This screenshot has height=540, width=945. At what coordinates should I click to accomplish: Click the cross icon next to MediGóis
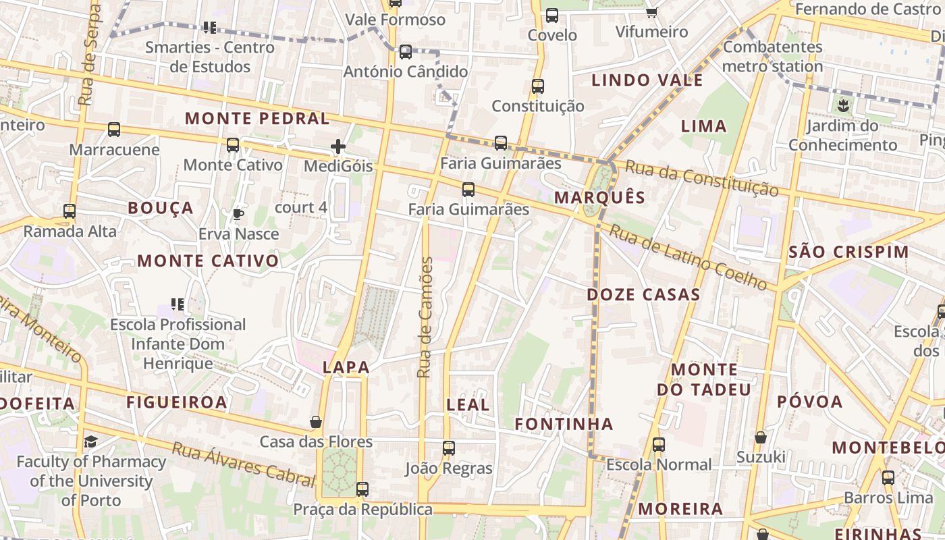(x=338, y=146)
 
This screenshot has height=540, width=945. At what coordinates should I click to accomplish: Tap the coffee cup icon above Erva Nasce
(x=238, y=215)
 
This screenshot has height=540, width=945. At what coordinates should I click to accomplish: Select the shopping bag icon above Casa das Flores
(x=315, y=423)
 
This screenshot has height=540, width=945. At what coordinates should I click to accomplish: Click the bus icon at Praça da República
(x=362, y=489)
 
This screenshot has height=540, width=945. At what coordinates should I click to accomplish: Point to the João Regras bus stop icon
(x=449, y=448)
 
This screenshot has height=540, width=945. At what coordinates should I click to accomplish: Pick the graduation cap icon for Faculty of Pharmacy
(x=90, y=442)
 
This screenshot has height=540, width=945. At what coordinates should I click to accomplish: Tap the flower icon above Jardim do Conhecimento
(x=842, y=105)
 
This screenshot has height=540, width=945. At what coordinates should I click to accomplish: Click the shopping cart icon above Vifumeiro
(x=651, y=12)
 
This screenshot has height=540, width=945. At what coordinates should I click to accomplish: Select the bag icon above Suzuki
(x=761, y=438)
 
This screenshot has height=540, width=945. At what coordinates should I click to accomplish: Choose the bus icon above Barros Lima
(x=888, y=478)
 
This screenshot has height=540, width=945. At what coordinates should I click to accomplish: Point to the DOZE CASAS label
(x=643, y=294)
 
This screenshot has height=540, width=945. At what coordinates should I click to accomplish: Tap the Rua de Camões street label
(x=424, y=317)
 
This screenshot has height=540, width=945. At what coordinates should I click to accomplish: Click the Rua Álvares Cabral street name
(x=244, y=464)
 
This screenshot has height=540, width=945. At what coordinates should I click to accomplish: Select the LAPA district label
(x=346, y=367)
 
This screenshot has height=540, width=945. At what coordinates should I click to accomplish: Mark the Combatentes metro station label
(x=773, y=57)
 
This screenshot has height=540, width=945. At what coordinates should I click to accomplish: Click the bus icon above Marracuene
(x=114, y=130)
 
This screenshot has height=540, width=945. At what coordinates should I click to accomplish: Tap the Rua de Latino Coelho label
(x=688, y=259)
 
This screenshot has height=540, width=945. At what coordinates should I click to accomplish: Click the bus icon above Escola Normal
(x=659, y=445)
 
